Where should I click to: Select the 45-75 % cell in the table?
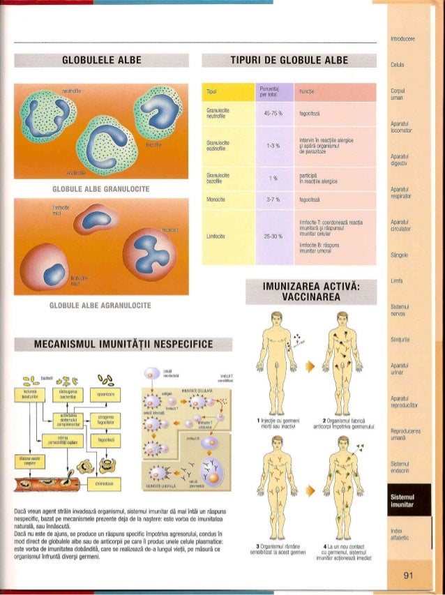pyautogui.click(x=268, y=115)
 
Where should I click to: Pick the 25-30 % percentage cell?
pyautogui.click(x=268, y=236)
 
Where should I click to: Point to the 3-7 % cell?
pyautogui.click(x=268, y=199)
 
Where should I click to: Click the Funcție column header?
pyautogui.click(x=307, y=91)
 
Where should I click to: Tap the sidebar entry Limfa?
pyautogui.click(x=397, y=281)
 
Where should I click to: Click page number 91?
pyautogui.click(x=409, y=575)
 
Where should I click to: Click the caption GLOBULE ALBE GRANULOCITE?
pyautogui.click(x=102, y=189)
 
